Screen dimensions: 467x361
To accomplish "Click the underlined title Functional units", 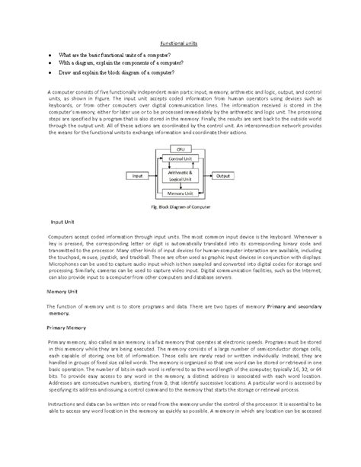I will (180, 44).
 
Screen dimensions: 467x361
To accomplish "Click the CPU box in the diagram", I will (180, 149).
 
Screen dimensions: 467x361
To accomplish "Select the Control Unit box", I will (180, 158).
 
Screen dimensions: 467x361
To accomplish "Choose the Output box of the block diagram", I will (223, 175).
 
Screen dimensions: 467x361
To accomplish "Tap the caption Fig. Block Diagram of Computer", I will (180, 207).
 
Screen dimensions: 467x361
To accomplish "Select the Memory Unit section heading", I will (54, 292).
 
